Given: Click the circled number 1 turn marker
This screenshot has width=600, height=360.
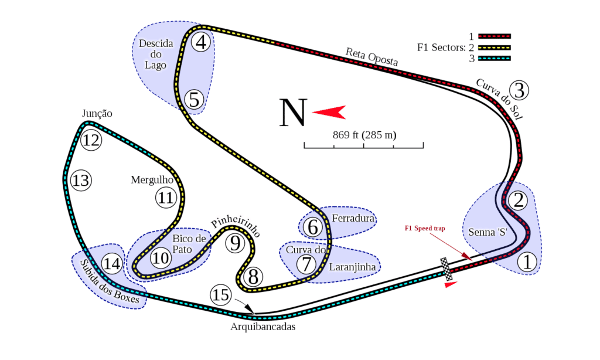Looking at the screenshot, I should (528, 262).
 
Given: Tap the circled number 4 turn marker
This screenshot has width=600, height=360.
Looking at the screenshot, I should (201, 42).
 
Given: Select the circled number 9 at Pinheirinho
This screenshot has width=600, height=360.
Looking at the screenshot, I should (234, 242).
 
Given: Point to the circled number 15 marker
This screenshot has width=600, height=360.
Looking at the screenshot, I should (221, 295).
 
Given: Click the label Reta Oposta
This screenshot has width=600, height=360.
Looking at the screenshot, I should (371, 57).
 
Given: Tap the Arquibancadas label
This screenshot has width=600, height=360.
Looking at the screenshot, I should (263, 327).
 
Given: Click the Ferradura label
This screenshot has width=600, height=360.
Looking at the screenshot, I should (353, 219).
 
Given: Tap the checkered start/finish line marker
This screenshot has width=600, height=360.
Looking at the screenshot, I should (446, 268).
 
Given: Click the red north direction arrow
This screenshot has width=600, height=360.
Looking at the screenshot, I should (329, 111).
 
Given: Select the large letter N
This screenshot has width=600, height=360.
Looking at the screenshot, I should (293, 112).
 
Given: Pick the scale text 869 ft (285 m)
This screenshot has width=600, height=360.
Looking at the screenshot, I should (364, 135).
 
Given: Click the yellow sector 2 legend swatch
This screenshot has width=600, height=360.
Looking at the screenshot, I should (495, 47).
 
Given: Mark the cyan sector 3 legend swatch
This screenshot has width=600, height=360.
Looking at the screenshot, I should (495, 58).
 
